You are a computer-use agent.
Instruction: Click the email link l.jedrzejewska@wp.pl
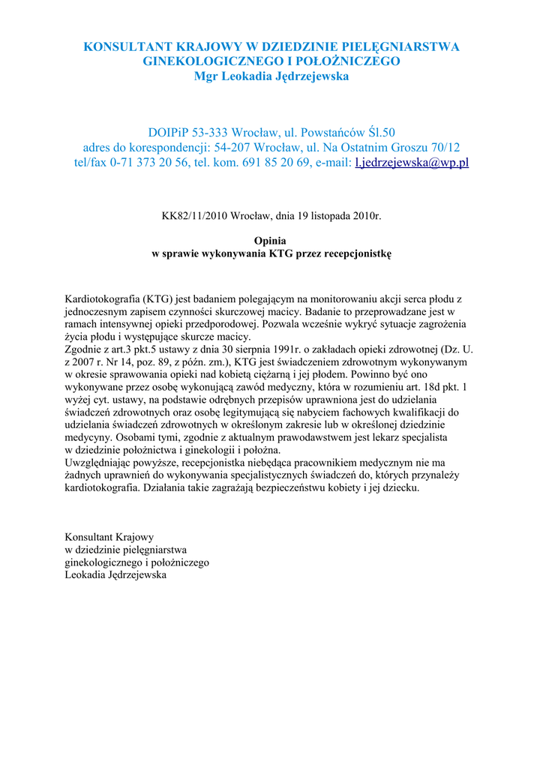411,163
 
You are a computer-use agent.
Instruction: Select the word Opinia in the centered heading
271,241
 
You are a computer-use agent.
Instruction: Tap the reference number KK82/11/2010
191,216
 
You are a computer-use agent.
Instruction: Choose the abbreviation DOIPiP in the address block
169,133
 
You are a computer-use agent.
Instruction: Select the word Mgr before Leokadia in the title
207,76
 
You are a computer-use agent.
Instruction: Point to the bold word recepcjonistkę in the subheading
358,254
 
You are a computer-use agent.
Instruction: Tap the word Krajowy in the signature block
135,537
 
